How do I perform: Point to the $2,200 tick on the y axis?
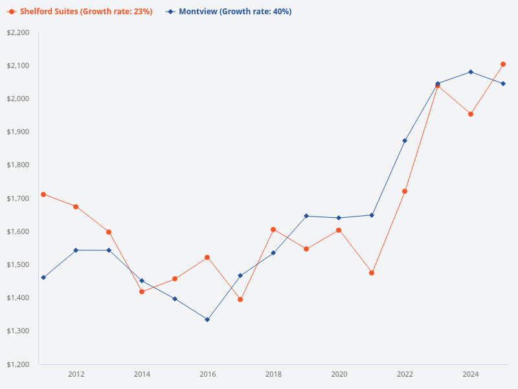(19, 32)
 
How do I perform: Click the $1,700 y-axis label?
(19, 198)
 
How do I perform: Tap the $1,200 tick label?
(19, 364)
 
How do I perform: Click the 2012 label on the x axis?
(76, 374)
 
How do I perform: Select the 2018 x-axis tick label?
(273, 374)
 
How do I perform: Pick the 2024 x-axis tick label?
(471, 374)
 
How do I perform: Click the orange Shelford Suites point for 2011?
(43, 194)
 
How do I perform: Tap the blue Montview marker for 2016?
(207, 320)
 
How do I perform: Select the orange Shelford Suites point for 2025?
(503, 64)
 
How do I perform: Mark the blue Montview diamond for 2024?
(471, 72)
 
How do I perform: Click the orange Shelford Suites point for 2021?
(372, 273)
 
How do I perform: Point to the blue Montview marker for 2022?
(405, 141)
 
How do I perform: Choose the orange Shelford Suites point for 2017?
(240, 300)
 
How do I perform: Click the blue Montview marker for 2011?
(43, 277)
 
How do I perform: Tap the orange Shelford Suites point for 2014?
(142, 292)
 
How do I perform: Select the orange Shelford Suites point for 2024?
(471, 114)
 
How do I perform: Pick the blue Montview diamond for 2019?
(306, 216)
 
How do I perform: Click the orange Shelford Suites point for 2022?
(405, 191)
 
